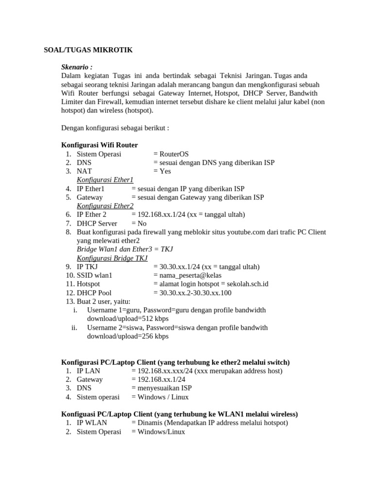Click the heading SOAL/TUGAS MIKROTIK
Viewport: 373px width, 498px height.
(88, 50)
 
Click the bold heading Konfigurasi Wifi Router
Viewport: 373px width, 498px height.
(100, 145)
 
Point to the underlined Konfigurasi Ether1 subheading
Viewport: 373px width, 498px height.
(105, 180)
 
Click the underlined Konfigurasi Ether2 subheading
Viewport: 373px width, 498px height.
(105, 206)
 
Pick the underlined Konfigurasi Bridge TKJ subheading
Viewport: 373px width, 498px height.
(112, 258)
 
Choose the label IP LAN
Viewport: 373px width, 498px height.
(89, 371)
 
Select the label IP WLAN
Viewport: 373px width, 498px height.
(92, 423)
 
